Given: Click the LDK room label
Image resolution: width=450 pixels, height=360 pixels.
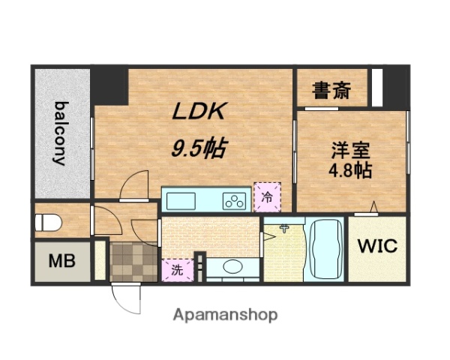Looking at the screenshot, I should click(x=199, y=112).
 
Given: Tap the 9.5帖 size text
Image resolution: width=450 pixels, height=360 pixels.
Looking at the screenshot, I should click(x=196, y=147).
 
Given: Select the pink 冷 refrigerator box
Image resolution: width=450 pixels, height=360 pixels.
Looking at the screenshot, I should click(x=266, y=197).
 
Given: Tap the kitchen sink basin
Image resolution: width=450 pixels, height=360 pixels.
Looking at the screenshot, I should click(x=180, y=201).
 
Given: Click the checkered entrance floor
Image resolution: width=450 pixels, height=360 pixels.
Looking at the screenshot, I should click(x=131, y=259).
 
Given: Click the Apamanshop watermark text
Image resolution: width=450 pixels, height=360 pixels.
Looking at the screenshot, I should click(x=225, y=314).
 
